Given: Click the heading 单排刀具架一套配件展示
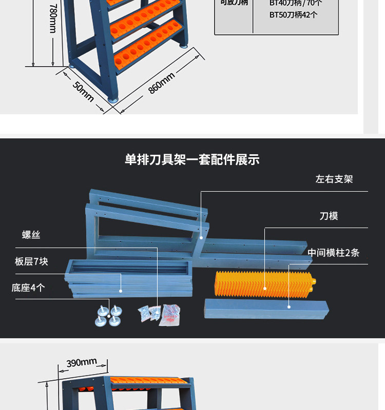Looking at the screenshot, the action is point(192,160).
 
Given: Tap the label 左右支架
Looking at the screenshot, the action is point(334,179).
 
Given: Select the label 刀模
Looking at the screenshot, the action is point(329,216).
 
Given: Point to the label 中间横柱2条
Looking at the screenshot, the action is point(333,253).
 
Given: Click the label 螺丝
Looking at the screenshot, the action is point(31,235).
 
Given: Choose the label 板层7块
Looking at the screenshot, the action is point(31,261).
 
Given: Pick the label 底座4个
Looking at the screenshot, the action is point(28,288).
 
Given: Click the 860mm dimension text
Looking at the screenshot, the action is point(161,83).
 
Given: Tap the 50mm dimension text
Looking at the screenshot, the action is point(83,91).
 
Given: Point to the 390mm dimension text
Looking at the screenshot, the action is point(82,363).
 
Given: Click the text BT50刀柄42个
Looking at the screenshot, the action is point(293,15).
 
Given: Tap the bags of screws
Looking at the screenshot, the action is point(160,313).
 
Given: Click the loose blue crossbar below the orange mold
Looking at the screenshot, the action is point(266,309).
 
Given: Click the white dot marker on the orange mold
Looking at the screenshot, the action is point(265,289).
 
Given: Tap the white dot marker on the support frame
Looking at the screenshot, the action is point(201,238).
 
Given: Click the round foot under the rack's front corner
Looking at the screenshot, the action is point(112,97).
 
